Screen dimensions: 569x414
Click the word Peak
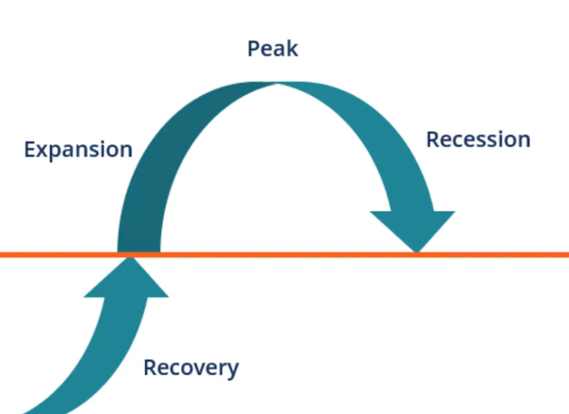tap(272, 48)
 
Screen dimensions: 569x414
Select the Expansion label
tap(78, 149)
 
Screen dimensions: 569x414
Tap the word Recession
tap(478, 140)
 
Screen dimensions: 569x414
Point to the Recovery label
tap(192, 367)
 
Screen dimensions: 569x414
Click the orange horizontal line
tap(284, 254)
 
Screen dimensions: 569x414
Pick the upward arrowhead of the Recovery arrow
tap(126, 277)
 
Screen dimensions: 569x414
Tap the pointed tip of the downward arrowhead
tap(416, 252)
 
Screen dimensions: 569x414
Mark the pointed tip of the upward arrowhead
tap(130, 257)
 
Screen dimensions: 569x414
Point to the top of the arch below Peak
tap(278, 84)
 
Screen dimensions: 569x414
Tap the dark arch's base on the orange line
tap(138, 250)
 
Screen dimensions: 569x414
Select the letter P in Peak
tap(253, 48)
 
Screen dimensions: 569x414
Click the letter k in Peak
tap(292, 48)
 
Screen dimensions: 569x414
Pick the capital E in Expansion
tap(29, 149)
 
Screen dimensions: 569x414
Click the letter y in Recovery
tap(232, 371)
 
